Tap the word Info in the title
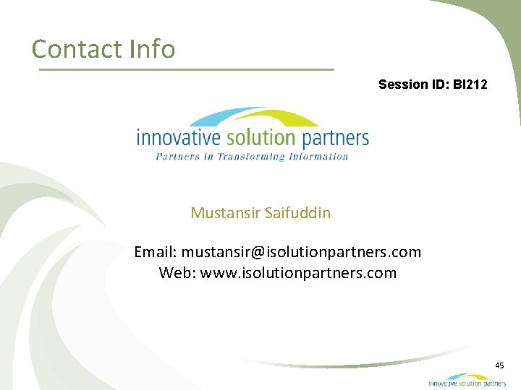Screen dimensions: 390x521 152,49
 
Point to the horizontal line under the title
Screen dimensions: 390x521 186,70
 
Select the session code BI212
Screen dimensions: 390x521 473,84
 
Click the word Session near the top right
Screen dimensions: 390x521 403,84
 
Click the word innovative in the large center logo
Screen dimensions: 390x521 178,137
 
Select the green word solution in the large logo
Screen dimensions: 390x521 260,137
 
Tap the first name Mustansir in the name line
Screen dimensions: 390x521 225,213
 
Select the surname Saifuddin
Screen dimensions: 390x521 297,213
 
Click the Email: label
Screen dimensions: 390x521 156,252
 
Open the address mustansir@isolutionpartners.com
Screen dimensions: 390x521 301,252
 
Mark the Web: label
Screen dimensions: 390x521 177,273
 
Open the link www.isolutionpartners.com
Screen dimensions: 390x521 298,273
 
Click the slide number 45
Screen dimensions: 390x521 499,366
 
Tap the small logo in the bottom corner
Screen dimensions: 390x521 467,381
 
